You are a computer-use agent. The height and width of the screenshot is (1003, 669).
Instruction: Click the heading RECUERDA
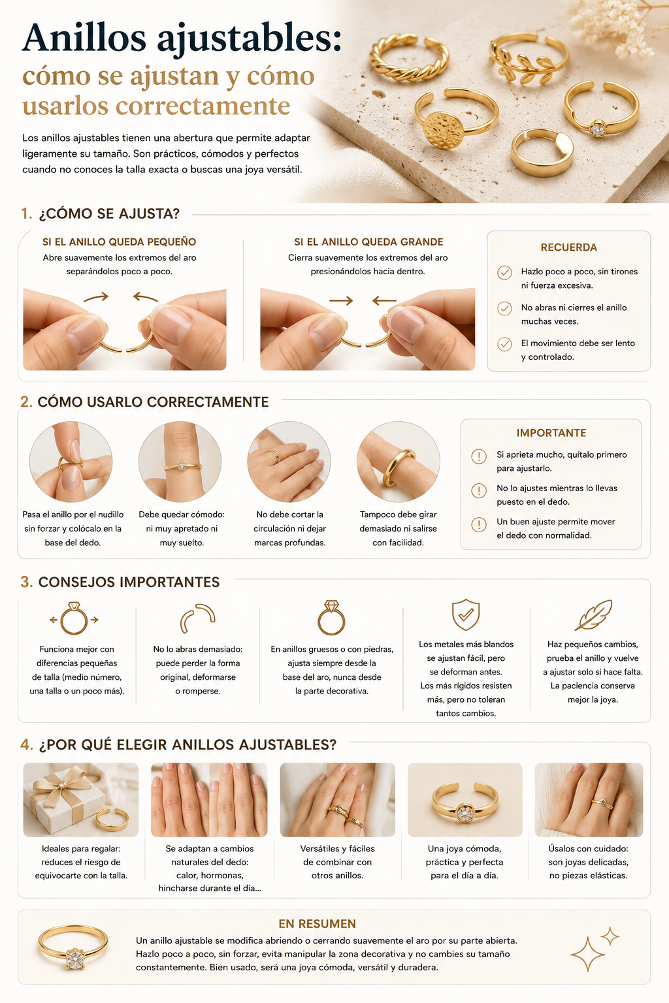568,247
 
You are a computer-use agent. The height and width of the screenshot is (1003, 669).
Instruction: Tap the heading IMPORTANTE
551,433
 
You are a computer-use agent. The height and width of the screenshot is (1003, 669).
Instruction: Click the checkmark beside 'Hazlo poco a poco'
504,272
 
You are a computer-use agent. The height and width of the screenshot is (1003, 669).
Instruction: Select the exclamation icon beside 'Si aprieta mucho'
479,456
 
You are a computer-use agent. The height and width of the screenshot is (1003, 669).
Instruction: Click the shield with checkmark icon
466,614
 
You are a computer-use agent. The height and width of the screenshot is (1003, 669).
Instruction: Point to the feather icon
593,614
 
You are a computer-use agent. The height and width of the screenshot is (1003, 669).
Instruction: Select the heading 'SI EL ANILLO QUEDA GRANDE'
368,242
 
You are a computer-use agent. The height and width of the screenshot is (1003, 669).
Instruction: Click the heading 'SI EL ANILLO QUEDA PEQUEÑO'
119,242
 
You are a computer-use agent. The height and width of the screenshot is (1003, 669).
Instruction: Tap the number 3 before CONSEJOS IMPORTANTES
26,582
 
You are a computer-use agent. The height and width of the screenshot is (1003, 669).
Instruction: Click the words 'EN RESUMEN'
318,924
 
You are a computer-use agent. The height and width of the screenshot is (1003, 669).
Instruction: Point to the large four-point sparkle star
587,954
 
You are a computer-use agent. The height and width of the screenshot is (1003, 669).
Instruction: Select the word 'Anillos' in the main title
84,38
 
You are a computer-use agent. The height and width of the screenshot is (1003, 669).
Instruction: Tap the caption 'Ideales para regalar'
81,848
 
